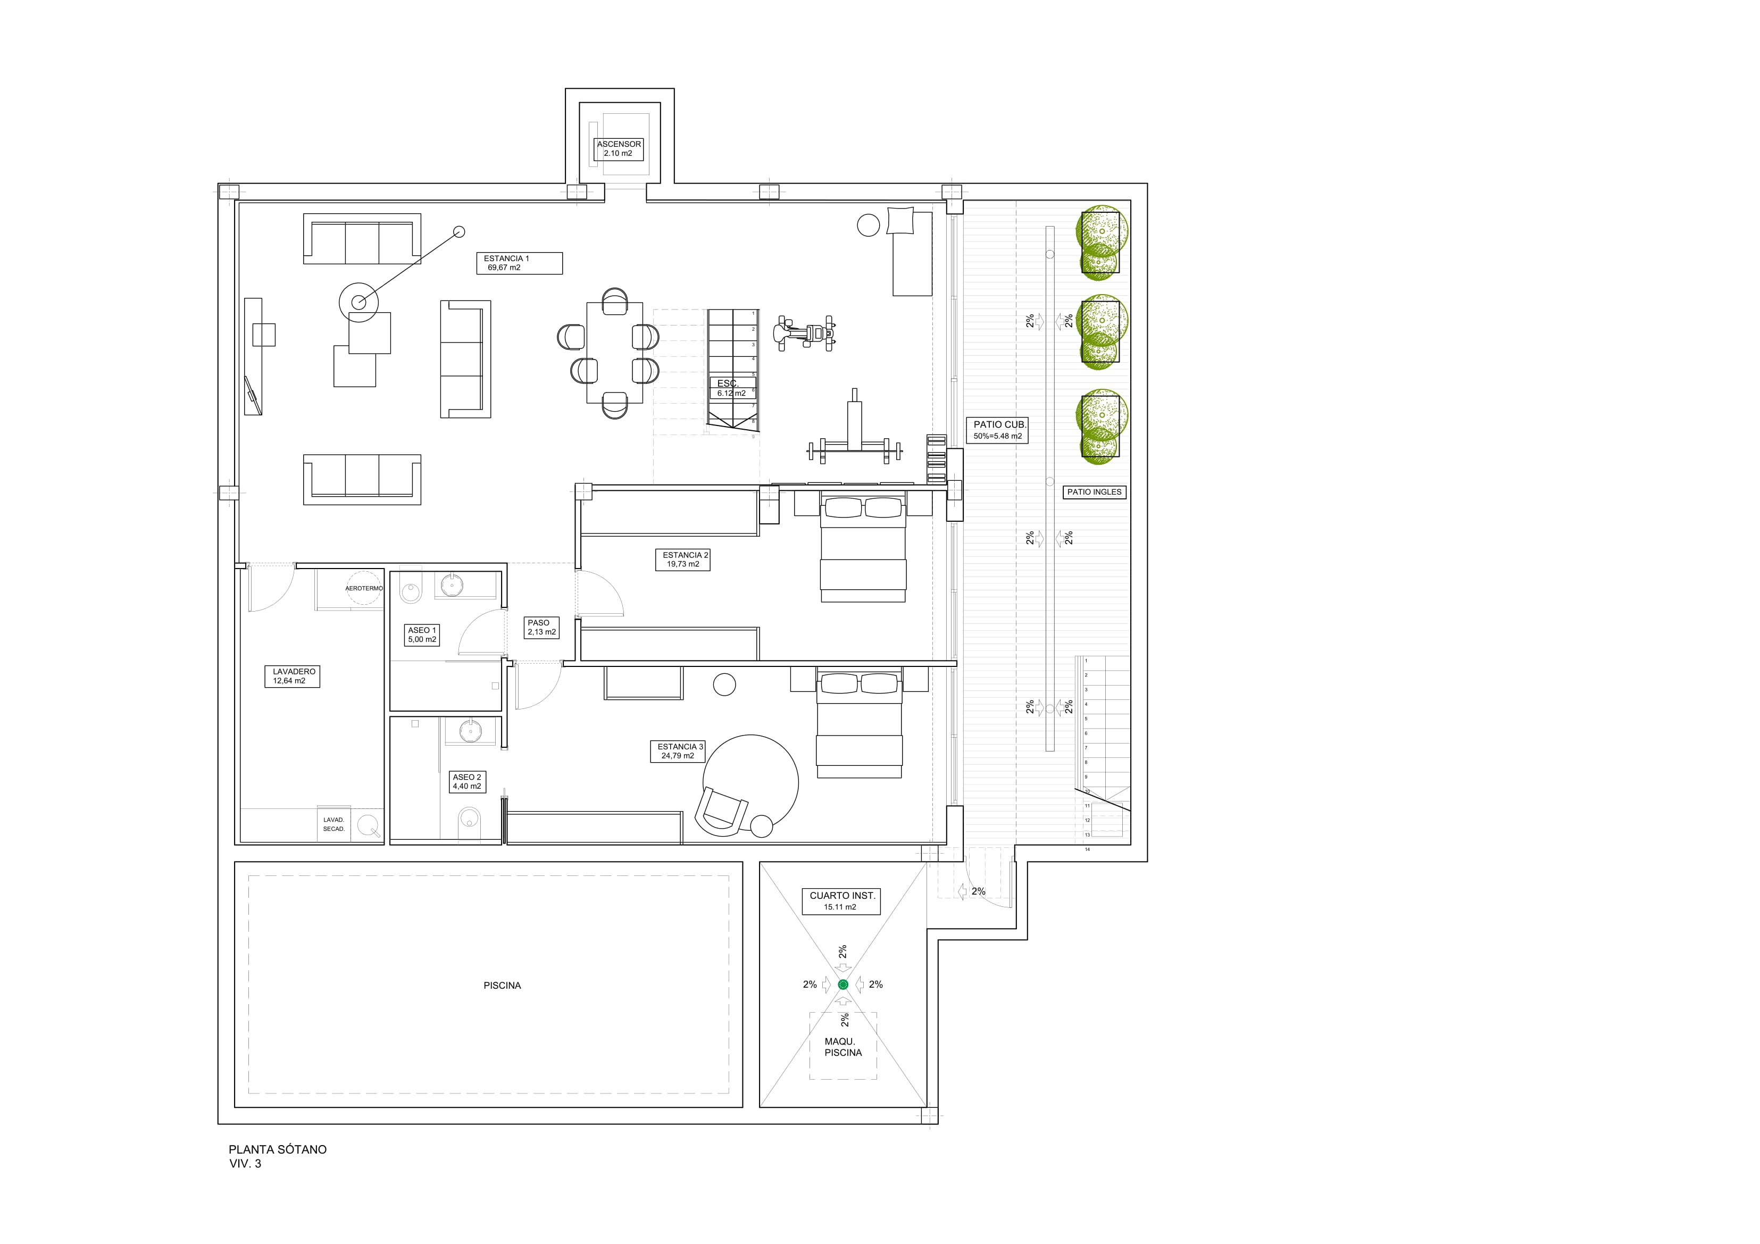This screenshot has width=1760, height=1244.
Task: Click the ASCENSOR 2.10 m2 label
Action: tap(619, 149)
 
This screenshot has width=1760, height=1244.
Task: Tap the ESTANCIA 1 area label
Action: tap(519, 263)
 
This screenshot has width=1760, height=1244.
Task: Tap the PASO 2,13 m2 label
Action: tap(541, 628)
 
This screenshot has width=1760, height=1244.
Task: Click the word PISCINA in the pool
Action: tap(502, 986)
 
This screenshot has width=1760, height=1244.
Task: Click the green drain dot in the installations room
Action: tap(843, 984)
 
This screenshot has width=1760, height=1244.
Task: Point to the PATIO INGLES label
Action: tap(1094, 492)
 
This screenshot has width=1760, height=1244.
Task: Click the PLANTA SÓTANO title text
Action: tap(278, 1150)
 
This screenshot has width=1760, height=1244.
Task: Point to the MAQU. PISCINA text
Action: tap(843, 1047)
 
